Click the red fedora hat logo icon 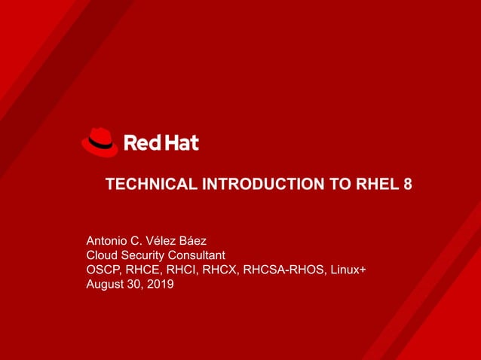[100, 142]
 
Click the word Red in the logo [140, 142]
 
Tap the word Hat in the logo [180, 142]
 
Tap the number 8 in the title [407, 185]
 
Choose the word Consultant [200, 255]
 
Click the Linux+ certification [347, 270]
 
